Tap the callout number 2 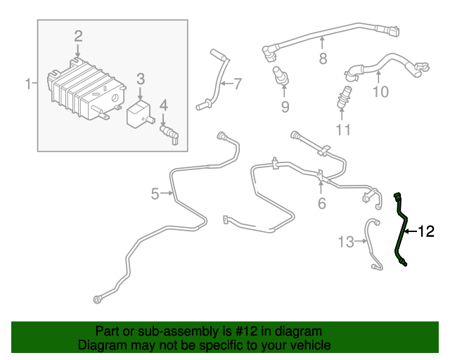[x=79, y=36]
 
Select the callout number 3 [x=141, y=79]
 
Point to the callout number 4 [x=164, y=106]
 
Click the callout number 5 [x=155, y=193]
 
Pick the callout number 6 [x=322, y=204]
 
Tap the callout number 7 [x=238, y=84]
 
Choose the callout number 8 [x=323, y=59]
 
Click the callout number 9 [x=285, y=107]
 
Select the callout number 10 [x=380, y=91]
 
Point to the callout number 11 [x=343, y=129]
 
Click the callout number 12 [x=427, y=231]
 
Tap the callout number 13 [x=346, y=242]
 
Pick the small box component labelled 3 [x=139, y=112]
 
